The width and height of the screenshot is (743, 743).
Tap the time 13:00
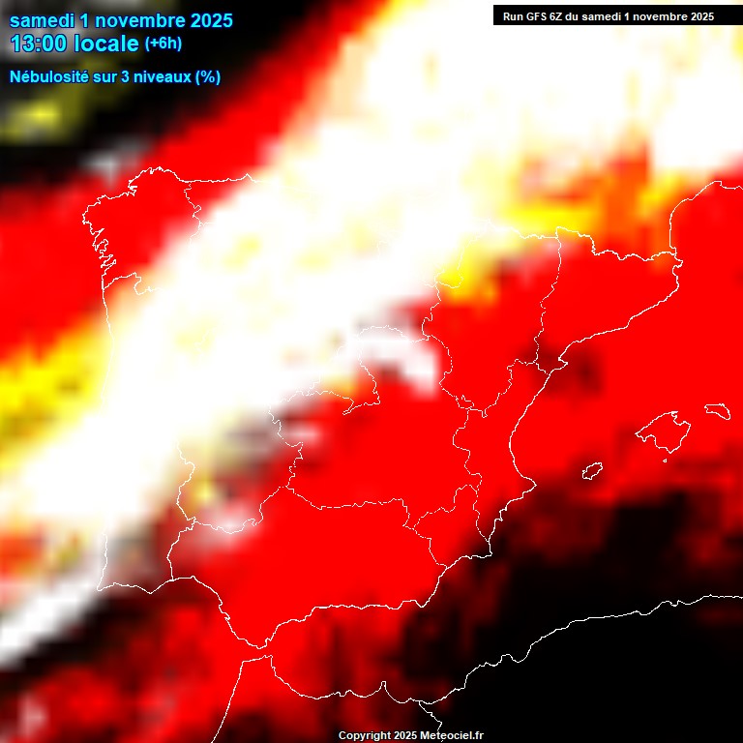(x=39, y=44)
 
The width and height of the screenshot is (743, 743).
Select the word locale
(x=106, y=44)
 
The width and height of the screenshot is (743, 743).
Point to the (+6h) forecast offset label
(x=163, y=44)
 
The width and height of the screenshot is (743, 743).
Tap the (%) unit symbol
(x=208, y=76)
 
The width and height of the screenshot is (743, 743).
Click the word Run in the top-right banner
(x=513, y=16)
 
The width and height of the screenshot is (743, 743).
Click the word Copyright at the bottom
(x=365, y=736)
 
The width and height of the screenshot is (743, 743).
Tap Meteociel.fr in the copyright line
(x=452, y=736)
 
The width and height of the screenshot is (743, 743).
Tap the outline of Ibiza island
(x=592, y=472)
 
